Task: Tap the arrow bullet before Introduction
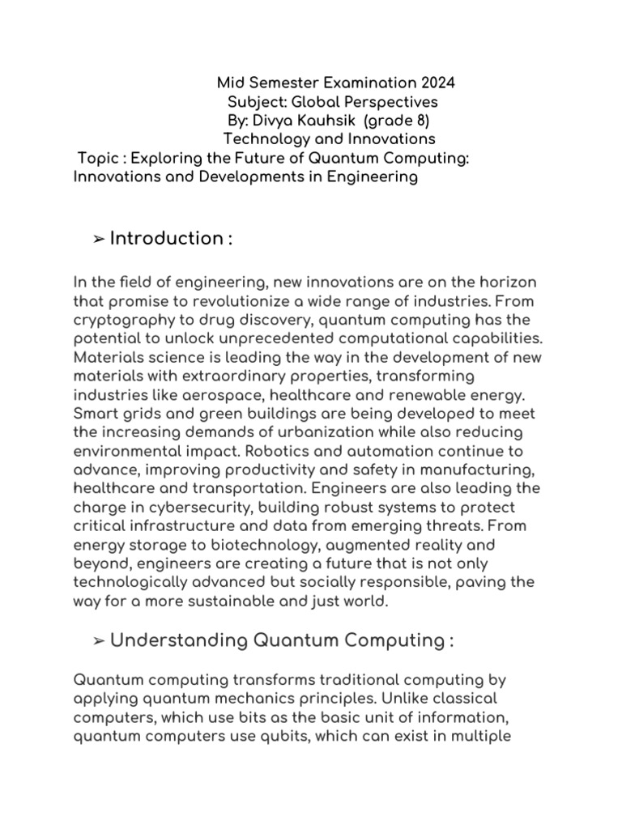(x=98, y=239)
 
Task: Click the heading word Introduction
(x=166, y=238)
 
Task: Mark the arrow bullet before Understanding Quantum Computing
(x=98, y=641)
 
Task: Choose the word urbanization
(x=330, y=432)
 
